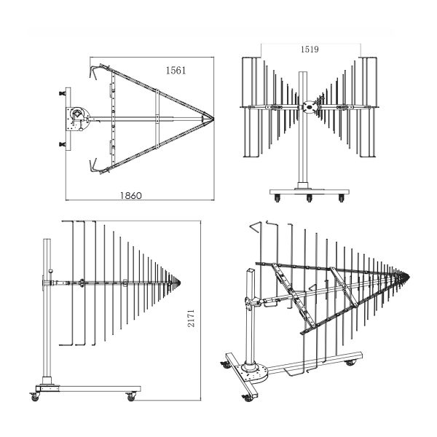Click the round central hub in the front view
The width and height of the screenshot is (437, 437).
pyautogui.click(x=309, y=106)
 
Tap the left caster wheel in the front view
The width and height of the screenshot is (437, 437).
pyautogui.click(x=275, y=197)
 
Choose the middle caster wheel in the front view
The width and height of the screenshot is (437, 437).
pyautogui.click(x=310, y=198)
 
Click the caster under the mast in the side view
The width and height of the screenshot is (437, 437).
pyautogui.click(x=36, y=397)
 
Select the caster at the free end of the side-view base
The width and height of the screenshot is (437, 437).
pyautogui.click(x=131, y=397)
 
